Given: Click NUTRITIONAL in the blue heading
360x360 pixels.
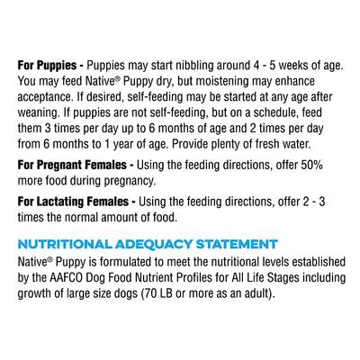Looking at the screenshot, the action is tap(62, 243).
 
